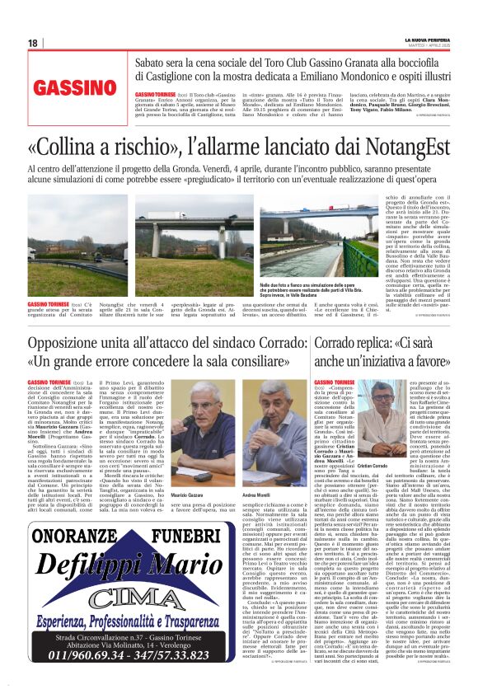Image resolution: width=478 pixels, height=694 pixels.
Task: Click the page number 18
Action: (x=33, y=43)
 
